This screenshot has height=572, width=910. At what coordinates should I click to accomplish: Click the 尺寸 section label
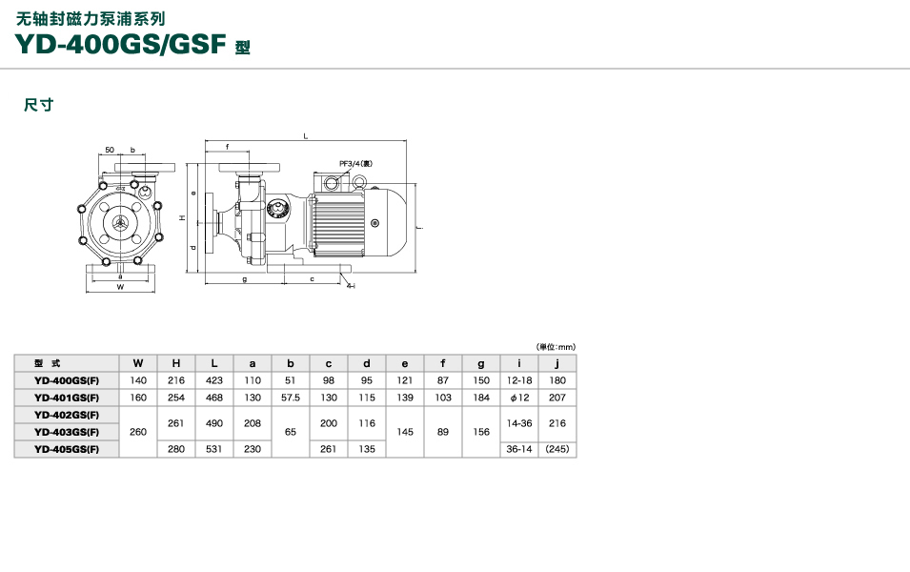point(38,105)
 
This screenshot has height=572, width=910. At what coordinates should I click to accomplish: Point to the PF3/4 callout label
point(356,163)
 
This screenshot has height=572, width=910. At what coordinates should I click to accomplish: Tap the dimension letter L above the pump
point(305,136)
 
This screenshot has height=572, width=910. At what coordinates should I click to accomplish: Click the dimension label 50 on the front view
point(110,150)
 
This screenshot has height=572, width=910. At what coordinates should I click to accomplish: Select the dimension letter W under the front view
point(120,286)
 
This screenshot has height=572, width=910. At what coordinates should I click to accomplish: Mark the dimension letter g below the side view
point(244,279)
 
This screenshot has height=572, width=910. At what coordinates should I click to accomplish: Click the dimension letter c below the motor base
point(312,279)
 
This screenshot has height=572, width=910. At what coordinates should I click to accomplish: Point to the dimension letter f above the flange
point(227,147)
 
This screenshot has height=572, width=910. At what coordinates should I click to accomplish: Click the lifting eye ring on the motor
point(332,182)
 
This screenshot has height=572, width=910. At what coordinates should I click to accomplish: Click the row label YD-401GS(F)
point(67,398)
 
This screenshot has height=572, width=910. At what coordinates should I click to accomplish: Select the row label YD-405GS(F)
point(67,449)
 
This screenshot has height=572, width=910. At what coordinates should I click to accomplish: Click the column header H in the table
point(176,363)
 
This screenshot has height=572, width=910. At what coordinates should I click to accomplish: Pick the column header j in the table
point(557,363)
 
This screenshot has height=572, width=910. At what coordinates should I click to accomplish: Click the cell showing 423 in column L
point(214,380)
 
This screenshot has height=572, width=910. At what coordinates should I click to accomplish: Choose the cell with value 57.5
point(291,398)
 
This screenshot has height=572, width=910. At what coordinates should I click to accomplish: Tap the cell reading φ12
point(519,398)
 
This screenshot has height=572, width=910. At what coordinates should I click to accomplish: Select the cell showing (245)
point(557,449)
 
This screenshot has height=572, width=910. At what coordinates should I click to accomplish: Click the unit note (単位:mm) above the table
point(556,347)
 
